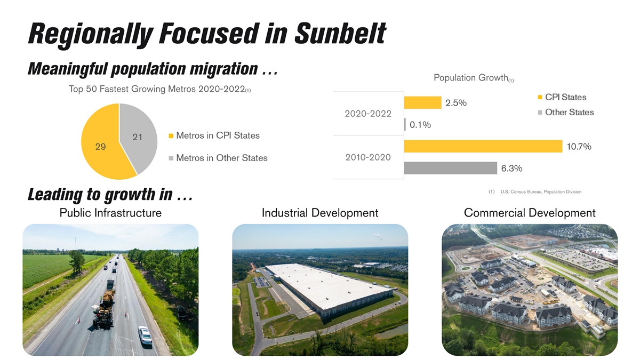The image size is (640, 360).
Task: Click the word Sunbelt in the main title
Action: coord(340,33)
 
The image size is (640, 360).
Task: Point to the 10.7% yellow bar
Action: coord(483,146)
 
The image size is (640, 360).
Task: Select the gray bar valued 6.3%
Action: coord(451,168)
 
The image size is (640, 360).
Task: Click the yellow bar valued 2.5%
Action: coord(422,102)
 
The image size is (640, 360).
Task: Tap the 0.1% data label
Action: coord(420,125)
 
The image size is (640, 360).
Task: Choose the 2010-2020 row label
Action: coord(367,157)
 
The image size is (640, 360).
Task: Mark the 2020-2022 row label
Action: coord(367,114)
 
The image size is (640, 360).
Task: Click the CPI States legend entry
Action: coord(565,97)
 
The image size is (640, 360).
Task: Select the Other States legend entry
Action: coord(569,113)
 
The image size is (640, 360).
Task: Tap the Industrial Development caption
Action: coord(320,213)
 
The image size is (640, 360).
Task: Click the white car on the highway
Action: coord(145,335)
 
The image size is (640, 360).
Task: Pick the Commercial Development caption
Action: coord(530,213)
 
